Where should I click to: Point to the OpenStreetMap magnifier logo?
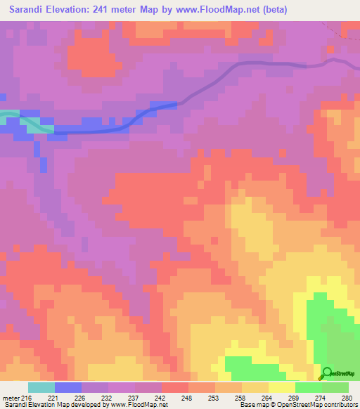[x=326, y=372]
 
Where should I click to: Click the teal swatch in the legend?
[x=41, y=387]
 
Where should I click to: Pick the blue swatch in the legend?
[x=67, y=387]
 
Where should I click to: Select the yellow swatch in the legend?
[x=281, y=387]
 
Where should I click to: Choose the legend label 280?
[x=346, y=398]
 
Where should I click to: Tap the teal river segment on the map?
[x=28, y=121]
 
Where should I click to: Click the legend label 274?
[x=320, y=398]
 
